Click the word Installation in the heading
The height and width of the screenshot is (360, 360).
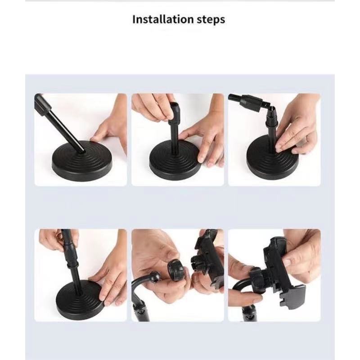coord(163,19)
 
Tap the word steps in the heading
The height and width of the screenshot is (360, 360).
coord(211,20)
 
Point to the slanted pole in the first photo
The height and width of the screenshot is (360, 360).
coord(60,124)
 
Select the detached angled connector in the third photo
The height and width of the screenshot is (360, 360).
coord(250,103)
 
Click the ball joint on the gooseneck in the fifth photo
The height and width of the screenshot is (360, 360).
coord(155,276)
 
